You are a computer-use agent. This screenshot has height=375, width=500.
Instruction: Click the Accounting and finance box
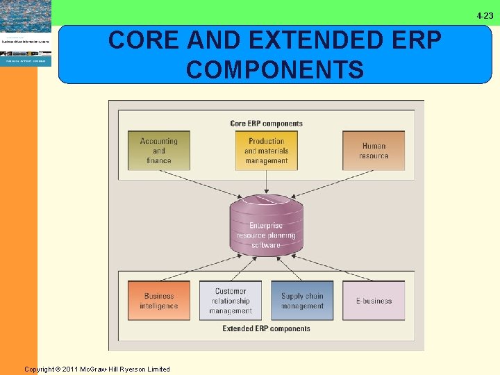pos(158,151)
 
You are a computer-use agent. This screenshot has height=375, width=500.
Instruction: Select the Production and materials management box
pos(266,151)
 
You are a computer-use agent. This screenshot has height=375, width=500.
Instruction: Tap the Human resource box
pos(374,151)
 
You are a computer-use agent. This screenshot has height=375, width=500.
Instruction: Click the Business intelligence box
pos(158,301)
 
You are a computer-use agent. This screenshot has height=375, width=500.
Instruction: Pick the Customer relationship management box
pos(231,301)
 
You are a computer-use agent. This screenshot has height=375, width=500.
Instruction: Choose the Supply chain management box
pos(302,301)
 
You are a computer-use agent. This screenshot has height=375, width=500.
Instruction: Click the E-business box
pos(374,301)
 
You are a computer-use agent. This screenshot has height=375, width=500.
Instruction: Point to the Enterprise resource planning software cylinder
pos(266,226)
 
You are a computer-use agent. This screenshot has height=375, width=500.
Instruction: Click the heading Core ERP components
pos(266,124)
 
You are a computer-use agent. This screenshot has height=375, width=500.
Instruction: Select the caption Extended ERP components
pos(266,328)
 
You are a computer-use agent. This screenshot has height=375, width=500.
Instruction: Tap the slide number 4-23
pos(485,15)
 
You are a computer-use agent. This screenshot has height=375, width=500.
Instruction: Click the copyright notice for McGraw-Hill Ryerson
pos(97,369)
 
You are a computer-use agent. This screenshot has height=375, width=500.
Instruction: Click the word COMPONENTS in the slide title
pos(275,70)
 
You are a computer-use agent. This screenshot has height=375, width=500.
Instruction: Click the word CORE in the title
pos(140,41)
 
